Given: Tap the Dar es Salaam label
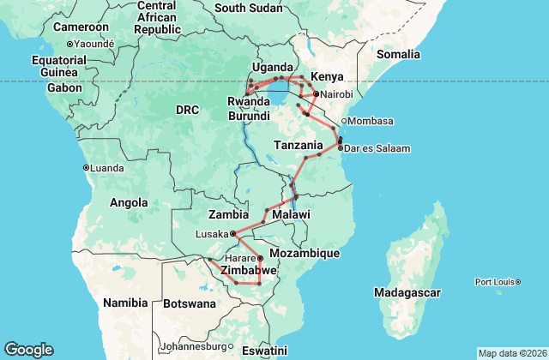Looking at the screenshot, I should pos(377,148).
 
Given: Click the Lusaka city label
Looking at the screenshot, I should pos(211,233).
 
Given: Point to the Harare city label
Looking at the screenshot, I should pos(241,258).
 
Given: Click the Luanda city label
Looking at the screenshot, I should pos(107,167).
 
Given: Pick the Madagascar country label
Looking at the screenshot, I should pos(407,292).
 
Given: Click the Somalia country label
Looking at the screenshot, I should pos(399,54).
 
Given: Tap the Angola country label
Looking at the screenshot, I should pos(130,202).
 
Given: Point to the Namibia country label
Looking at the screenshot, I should pos(126,303).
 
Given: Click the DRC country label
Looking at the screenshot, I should pos(187,110).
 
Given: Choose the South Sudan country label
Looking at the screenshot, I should pos(248,8).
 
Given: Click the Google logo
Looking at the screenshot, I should pos(28,349).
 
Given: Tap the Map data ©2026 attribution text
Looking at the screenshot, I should pos(511,353).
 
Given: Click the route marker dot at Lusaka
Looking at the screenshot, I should pos(233,232).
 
